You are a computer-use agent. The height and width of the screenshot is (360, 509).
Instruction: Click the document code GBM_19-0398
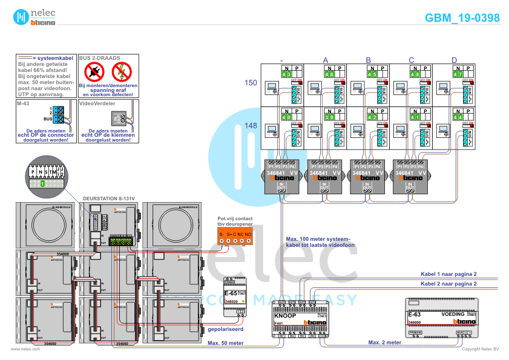462,18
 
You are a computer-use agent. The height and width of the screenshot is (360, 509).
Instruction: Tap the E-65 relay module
235,298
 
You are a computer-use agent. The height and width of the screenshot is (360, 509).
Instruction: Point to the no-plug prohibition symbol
94,71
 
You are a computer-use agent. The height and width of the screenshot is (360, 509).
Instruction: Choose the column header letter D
455,59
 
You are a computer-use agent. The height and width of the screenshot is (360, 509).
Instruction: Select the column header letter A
326,59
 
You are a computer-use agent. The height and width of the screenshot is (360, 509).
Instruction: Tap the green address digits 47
458,74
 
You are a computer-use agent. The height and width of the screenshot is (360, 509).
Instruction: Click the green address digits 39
329,117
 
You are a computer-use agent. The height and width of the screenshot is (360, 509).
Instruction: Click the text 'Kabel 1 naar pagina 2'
448,273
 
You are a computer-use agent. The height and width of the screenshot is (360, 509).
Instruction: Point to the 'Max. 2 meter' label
385,342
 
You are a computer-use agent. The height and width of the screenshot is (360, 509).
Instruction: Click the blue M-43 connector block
58,114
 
